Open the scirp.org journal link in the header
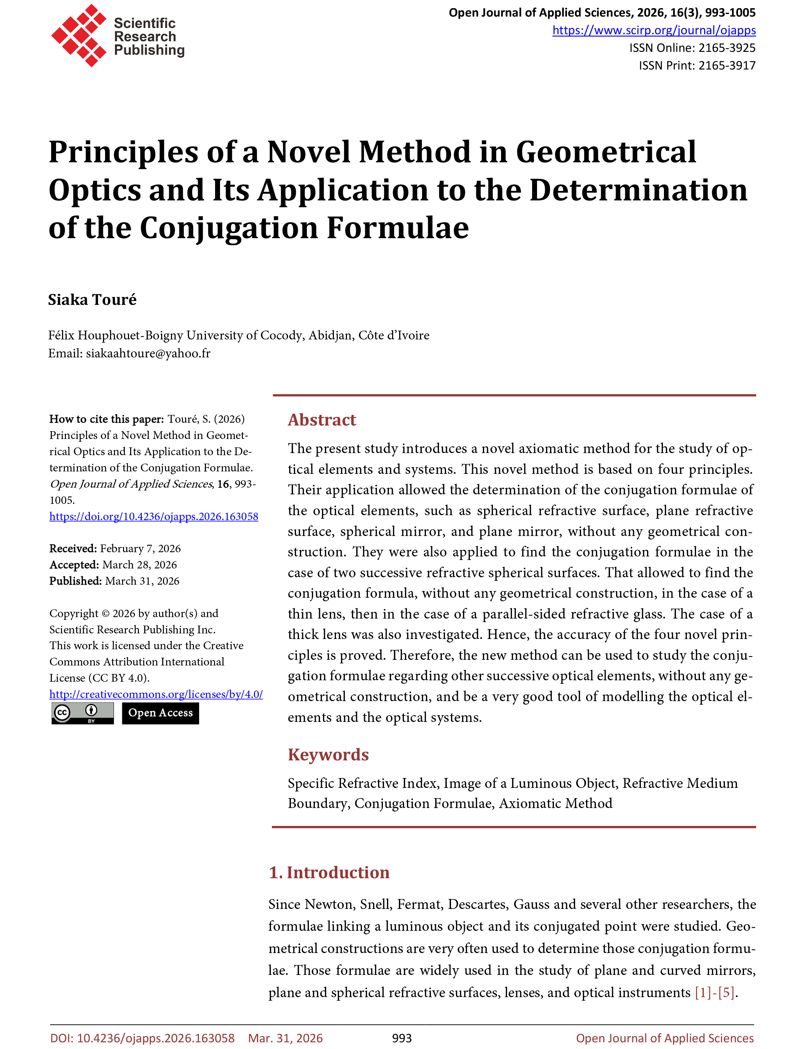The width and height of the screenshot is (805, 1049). pos(654,30)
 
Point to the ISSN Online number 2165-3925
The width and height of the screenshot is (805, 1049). pos(726,48)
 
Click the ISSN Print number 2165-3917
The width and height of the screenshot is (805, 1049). pos(726,66)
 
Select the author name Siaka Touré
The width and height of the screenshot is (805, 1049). pos(92,300)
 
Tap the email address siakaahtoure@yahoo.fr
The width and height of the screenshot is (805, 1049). pos(148,353)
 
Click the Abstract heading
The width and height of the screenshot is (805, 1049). pos(322,420)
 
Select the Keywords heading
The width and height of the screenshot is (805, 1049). pos(328,755)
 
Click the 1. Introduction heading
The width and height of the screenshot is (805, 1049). pos(329,873)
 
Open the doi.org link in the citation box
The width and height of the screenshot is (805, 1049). pos(154,516)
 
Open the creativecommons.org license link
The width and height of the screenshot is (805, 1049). pos(156,694)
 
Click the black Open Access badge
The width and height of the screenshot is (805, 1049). pos(160,713)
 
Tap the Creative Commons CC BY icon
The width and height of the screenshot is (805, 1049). pos(83,713)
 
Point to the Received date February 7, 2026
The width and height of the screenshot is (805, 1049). pos(140,548)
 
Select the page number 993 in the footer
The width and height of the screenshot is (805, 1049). pos(402,1038)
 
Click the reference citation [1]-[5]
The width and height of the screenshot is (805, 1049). pos(714,993)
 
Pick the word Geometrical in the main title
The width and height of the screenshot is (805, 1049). pos(606,152)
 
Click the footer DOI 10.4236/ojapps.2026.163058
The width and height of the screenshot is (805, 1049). pos(156,1038)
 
